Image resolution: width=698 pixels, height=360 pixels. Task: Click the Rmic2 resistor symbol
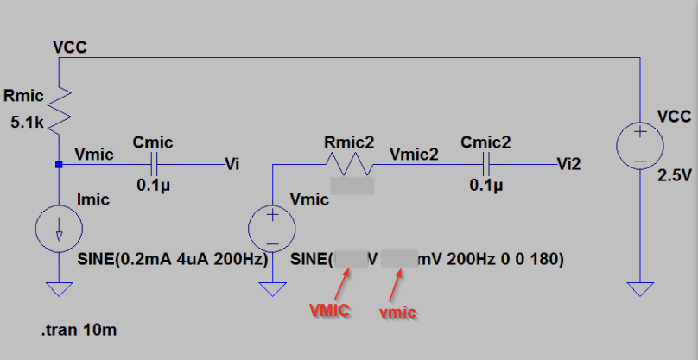pos(347,163)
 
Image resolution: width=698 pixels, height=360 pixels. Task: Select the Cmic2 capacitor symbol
pos(487,163)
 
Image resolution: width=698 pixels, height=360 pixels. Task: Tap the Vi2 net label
pos(569,163)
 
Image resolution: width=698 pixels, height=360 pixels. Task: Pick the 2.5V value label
pos(676,175)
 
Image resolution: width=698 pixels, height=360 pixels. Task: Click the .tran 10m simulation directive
pos(79,329)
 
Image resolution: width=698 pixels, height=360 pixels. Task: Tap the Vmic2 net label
pos(414,155)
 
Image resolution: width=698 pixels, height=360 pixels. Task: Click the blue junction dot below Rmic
pos(58,164)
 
